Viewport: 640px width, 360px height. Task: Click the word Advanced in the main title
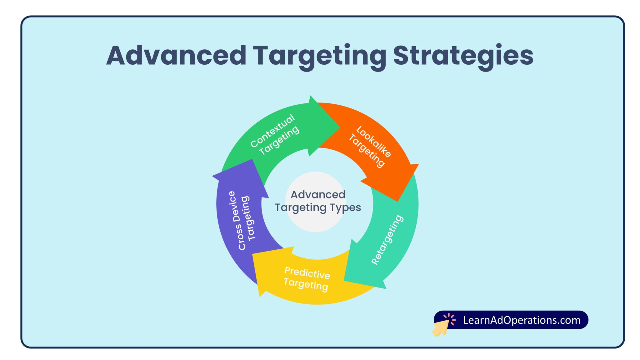tap(176, 56)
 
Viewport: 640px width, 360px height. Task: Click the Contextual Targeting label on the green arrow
tap(274, 135)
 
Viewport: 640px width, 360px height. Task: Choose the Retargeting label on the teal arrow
tap(387, 240)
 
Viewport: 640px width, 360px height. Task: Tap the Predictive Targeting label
tap(307, 279)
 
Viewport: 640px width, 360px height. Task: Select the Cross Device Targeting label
tap(243, 220)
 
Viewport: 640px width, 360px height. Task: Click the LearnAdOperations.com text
tap(522, 320)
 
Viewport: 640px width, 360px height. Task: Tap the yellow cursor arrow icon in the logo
tap(441, 328)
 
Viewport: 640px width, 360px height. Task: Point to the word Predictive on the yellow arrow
tap(307, 273)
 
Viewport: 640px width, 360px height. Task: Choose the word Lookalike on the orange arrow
tap(374, 142)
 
